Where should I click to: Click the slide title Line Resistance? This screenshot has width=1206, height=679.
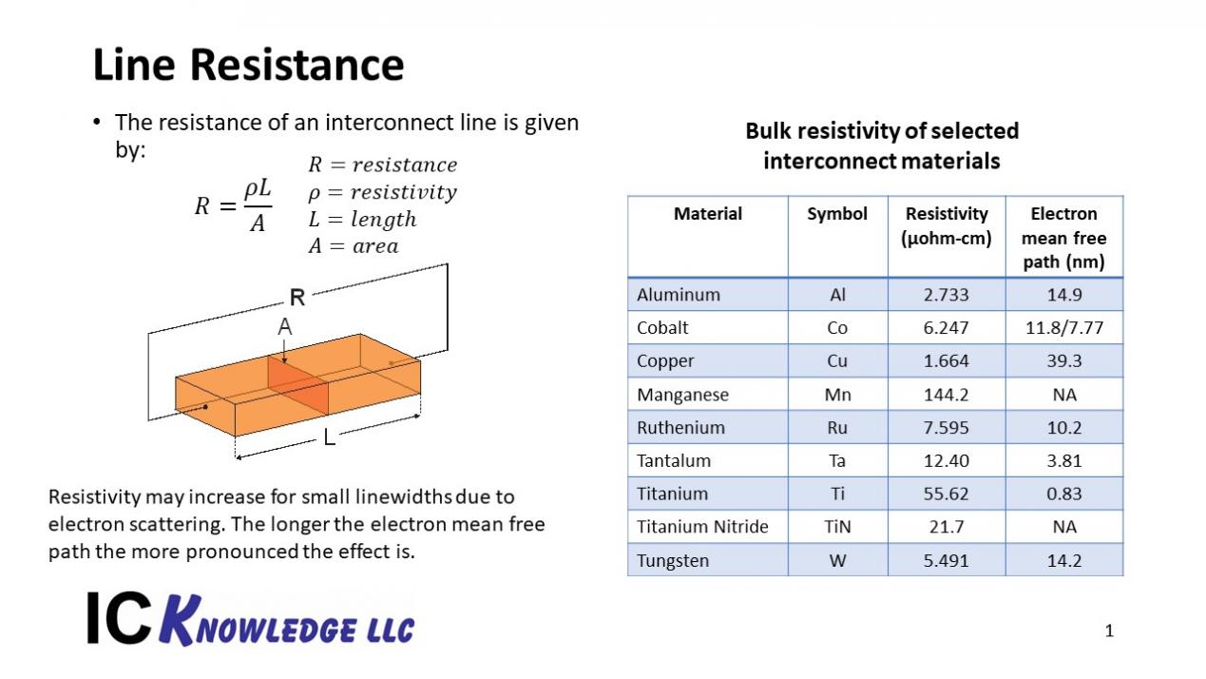248,66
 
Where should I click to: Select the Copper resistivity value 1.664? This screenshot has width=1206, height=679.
946,360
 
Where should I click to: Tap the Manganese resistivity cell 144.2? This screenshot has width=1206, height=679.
946,395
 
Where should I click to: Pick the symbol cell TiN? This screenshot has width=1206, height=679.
837,527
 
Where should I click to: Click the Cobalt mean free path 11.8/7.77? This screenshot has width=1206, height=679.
1063,328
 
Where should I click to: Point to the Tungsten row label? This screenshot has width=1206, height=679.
673,560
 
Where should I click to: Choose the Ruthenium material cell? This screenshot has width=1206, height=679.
680,427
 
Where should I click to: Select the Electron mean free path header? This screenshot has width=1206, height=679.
1063,238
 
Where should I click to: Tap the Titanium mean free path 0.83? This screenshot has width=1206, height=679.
1063,494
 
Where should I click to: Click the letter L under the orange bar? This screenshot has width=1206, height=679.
329,437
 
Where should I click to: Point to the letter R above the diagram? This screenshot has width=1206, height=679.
297,297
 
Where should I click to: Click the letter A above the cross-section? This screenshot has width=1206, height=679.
284,326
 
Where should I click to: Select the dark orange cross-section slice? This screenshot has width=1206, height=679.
297,385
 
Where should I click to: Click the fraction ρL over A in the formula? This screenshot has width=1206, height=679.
258,206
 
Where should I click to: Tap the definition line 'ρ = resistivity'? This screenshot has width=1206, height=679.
382,192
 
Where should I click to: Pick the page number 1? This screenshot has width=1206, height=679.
1109,630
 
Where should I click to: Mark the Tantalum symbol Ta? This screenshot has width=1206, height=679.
837,460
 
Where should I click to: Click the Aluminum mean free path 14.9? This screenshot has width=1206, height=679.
1063,295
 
